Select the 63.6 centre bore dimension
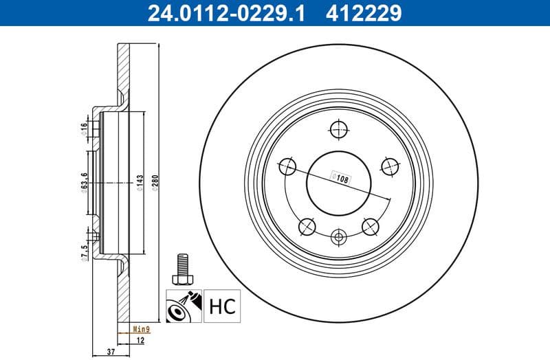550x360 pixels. coord(84,183)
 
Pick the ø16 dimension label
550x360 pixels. coord(84,128)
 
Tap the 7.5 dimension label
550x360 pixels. coord(84,253)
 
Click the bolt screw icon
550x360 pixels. coord(183,269)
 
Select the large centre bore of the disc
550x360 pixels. coord(338,182)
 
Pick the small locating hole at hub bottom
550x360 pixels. coord(338,238)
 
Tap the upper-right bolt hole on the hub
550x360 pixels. coord(388,166)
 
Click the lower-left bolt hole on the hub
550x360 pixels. coord(306,225)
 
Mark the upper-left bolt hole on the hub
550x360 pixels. coord(287,166)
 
